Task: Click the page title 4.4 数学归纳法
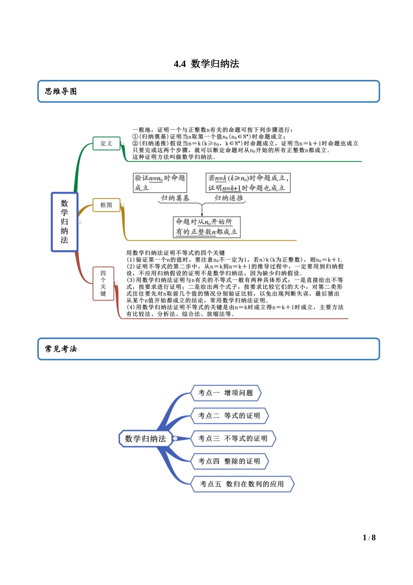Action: (206, 64)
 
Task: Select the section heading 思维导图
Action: (61, 91)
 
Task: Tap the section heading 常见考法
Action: (61, 349)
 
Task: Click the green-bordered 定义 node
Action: (107, 143)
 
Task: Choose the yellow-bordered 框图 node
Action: (107, 205)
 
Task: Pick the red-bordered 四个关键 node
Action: (103, 283)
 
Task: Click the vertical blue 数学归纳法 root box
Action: (64, 222)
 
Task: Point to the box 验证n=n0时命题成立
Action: (160, 183)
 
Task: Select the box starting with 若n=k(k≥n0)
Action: (248, 183)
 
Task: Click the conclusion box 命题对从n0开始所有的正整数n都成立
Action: (206, 227)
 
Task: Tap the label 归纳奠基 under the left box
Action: (175, 198)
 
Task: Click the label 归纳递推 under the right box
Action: (229, 198)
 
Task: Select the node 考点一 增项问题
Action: (226, 393)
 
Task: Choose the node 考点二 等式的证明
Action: (230, 416)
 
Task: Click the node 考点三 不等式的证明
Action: (233, 438)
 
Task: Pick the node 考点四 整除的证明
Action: (230, 461)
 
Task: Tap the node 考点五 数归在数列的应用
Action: (242, 484)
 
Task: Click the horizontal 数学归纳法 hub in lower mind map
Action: (145, 439)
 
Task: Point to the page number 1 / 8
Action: (369, 538)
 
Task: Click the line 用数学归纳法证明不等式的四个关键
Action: (176, 253)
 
